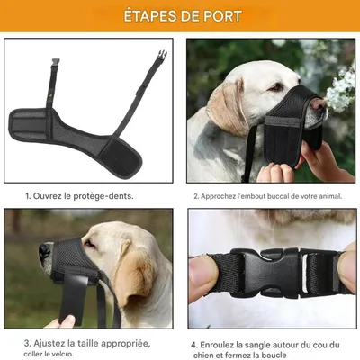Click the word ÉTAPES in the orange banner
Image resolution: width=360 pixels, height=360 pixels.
pos(145,17)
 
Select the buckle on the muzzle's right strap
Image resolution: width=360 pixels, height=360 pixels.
pos(161,55)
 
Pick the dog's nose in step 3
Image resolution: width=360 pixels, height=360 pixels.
pos(43,252)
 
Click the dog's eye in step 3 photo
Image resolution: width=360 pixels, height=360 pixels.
pos(89,244)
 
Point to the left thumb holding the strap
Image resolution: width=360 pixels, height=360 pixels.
pos(203,274)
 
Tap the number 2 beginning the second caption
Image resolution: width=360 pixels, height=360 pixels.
pos(195,195)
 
